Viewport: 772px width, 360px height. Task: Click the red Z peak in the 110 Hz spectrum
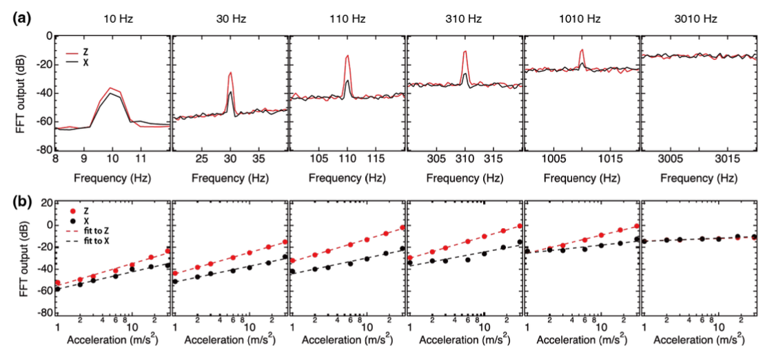[x=348, y=56]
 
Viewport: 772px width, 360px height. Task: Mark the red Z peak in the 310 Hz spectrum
[x=466, y=51]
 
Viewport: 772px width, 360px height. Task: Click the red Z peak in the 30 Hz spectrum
[x=230, y=72]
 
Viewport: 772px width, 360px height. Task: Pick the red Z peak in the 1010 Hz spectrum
[x=583, y=50]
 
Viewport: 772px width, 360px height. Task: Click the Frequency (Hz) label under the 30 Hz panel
[x=230, y=177]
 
